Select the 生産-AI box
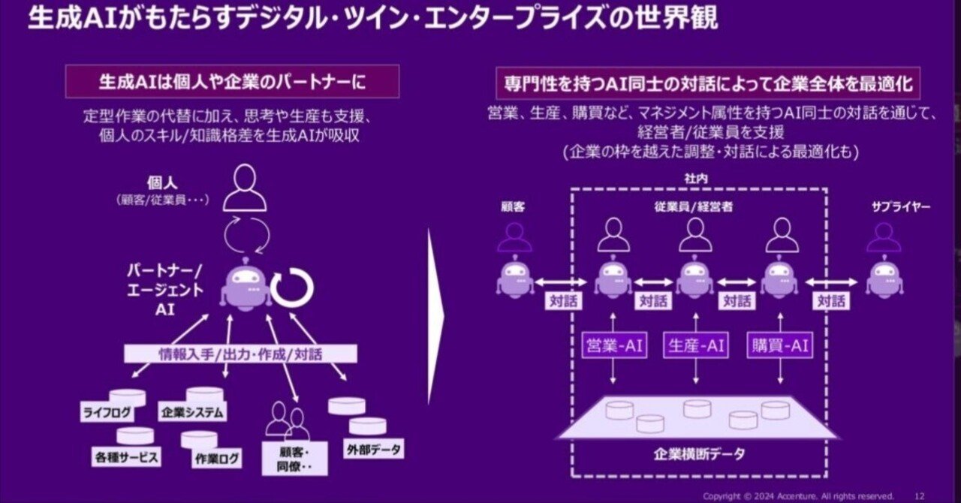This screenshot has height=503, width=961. [696, 345]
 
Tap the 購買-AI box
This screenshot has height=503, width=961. [779, 345]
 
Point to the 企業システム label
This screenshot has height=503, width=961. [193, 412]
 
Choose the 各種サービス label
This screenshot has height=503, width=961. [128, 456]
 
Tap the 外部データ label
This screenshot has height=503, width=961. [374, 450]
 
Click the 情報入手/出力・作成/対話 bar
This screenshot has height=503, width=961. [240, 354]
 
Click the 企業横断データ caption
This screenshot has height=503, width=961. [697, 455]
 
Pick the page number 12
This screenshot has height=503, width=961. [920, 496]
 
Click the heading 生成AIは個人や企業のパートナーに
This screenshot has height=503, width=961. [232, 81]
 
